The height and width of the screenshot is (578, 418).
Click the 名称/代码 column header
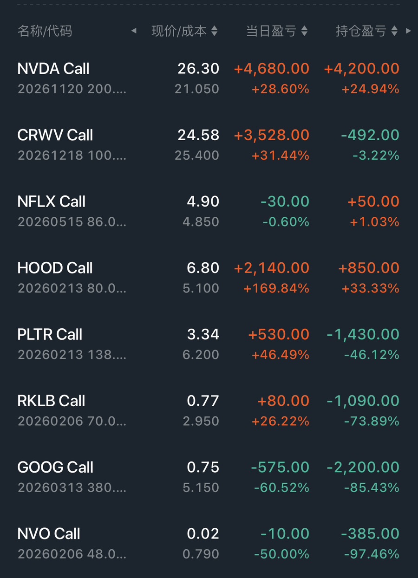click(45, 31)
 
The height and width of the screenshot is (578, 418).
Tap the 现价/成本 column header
click(179, 31)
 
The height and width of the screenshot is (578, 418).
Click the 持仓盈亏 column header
click(361, 31)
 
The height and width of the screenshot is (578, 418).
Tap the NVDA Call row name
click(53, 69)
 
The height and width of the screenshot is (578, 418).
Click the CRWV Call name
click(55, 135)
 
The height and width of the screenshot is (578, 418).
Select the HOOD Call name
click(55, 268)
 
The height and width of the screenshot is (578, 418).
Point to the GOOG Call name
click(55, 467)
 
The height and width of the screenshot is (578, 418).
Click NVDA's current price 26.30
click(198, 69)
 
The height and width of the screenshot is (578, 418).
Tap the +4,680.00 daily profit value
click(272, 69)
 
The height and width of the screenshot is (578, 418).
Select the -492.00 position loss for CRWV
click(370, 135)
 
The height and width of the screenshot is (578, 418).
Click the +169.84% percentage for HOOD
click(277, 288)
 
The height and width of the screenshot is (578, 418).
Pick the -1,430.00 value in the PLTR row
click(363, 334)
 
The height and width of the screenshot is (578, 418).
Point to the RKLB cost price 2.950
click(201, 421)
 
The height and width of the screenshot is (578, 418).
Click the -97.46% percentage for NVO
click(372, 554)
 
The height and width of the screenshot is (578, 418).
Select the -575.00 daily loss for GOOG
click(280, 467)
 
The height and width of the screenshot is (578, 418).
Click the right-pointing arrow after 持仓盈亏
click(408, 31)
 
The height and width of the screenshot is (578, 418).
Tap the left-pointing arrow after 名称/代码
click(134, 31)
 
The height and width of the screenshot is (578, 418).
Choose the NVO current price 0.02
click(203, 533)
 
